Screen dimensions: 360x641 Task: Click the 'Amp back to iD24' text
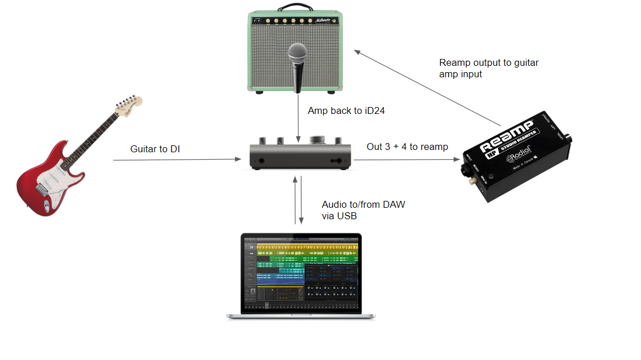click(x=346, y=110)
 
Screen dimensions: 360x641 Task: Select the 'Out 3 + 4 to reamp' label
click(x=407, y=147)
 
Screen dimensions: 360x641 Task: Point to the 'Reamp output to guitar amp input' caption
click(x=488, y=68)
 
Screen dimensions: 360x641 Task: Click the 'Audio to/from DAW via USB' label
click(x=363, y=210)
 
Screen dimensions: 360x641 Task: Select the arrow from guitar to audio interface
click(x=177, y=160)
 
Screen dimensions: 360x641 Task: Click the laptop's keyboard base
click(x=301, y=315)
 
